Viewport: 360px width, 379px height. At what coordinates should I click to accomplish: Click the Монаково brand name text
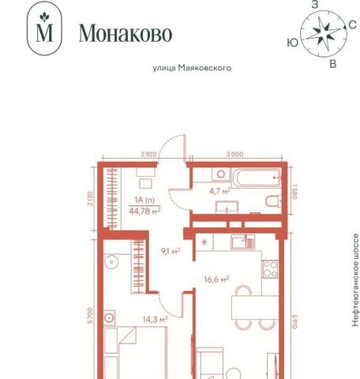coord(126,33)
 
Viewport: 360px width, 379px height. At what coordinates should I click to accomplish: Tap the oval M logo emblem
coord(44,28)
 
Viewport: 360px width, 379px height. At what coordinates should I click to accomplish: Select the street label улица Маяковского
coord(192,68)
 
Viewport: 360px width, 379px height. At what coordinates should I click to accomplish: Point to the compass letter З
coord(315,5)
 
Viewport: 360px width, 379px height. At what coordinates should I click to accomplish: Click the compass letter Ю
coord(293,43)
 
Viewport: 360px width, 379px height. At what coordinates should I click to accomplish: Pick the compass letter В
coord(333,64)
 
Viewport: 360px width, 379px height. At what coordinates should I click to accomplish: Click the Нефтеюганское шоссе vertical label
coord(355,280)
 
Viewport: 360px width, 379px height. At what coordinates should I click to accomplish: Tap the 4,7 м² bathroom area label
coord(220,190)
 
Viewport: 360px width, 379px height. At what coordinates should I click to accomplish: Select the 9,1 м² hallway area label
coord(171,251)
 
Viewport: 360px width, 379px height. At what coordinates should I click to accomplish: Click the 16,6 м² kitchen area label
coord(216,279)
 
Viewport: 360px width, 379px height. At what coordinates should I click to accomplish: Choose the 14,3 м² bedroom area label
coord(156,319)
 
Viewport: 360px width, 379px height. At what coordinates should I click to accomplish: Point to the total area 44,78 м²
coord(144,211)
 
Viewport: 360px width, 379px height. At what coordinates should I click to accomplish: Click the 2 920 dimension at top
coord(149,154)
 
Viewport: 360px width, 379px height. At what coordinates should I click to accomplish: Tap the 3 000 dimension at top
coord(234,154)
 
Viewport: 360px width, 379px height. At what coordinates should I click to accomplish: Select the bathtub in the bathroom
coord(256,178)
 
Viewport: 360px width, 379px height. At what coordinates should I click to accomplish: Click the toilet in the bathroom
coord(272,201)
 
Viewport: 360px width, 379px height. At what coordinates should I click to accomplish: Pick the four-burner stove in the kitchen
coord(270,269)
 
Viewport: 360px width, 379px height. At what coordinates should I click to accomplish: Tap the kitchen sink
coord(243,242)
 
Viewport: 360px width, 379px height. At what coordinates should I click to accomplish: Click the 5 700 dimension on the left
coord(91,315)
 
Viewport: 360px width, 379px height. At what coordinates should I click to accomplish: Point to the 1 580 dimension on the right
coord(294,191)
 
